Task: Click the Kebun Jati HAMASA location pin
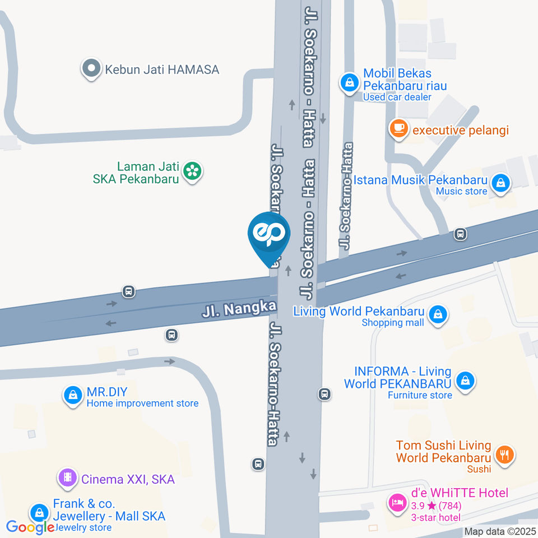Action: (90, 69)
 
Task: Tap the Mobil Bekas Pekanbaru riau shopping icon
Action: (350, 83)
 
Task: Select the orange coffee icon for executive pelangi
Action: (399, 128)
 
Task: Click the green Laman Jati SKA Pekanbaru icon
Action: (193, 171)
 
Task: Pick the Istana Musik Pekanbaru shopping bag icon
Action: (500, 183)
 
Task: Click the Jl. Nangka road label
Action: (240, 308)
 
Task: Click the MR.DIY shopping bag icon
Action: (72, 395)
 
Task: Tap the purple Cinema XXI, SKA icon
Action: (68, 478)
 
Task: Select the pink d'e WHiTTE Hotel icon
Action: (398, 502)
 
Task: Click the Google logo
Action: (29, 527)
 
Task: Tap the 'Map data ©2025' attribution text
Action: (500, 531)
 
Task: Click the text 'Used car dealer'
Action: (397, 97)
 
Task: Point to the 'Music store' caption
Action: (461, 191)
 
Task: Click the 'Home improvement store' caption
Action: (142, 403)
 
